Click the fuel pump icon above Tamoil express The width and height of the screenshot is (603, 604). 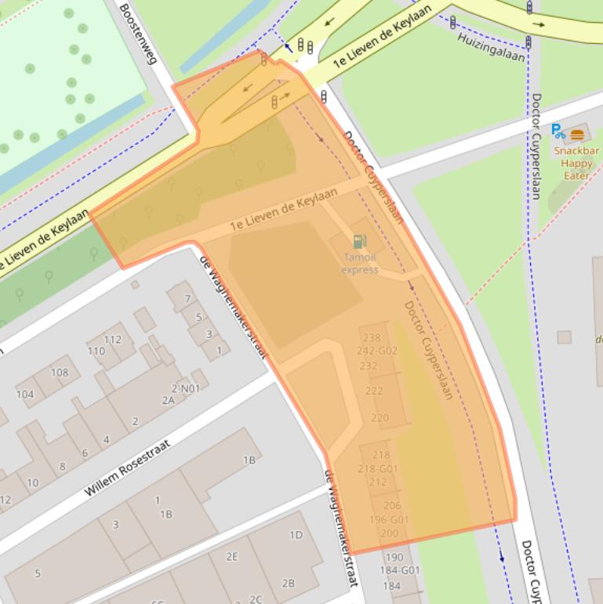point(359,242)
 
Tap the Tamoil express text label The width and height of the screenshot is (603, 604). point(360,264)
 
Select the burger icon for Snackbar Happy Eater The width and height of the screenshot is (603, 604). point(578,134)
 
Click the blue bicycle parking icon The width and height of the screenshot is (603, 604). point(558,131)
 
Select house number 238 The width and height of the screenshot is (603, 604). point(372,338)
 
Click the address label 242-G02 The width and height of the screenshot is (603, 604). point(377,351)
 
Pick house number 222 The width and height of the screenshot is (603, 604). point(374,391)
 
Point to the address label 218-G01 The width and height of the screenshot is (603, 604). point(379,468)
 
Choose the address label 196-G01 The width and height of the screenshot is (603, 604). point(389,519)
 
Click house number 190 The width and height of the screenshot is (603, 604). point(393,558)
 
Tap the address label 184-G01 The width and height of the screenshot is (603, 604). point(401,570)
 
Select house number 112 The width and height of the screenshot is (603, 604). point(113,339)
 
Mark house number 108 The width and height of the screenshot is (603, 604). point(60,373)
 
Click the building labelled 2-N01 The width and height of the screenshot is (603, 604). point(185,388)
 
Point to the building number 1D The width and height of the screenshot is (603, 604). point(296,535)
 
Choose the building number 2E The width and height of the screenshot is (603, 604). point(232,556)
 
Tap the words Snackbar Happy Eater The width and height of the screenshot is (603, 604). point(576,163)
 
